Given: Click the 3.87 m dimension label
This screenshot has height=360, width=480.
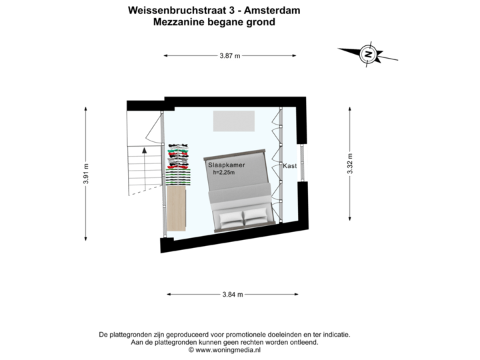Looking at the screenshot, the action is click(230, 56).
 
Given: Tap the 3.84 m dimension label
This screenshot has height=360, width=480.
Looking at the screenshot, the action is click(233, 295).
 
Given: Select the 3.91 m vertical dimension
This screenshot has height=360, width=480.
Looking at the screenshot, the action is click(86, 174).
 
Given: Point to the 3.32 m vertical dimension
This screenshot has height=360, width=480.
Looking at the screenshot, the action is click(350, 164).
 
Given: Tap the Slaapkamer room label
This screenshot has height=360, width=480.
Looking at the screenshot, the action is click(227, 165).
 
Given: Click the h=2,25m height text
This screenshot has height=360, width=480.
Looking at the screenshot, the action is click(224, 173).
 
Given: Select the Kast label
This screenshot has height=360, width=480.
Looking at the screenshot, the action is click(289, 166).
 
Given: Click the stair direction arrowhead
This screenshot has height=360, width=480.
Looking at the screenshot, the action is click(145, 150).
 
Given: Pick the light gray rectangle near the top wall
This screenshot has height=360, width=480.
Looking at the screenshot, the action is click(234, 121).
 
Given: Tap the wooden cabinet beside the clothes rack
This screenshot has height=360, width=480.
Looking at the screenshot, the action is click(176, 209).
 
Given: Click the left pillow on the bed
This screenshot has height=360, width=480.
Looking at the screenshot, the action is click(231, 219).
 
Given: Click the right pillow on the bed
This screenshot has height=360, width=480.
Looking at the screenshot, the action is click(255, 213).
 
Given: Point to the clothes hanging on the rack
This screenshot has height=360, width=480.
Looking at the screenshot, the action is click(179, 165).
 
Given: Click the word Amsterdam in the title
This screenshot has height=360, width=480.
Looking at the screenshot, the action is click(272, 11).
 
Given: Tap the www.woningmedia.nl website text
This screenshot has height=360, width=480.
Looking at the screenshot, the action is click(228, 350).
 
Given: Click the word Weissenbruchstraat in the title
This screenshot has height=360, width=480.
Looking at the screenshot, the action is click(177, 11).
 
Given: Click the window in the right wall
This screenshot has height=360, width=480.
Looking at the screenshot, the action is click(302, 163).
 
